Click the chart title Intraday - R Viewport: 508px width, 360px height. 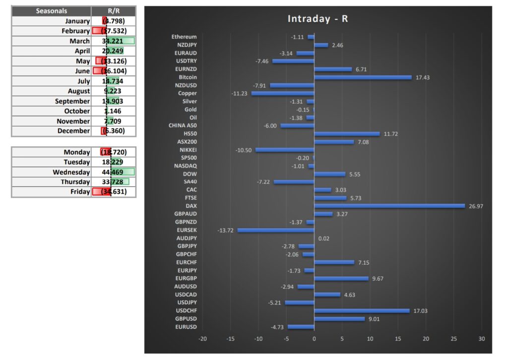[x=317, y=19]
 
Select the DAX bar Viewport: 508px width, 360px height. [x=389, y=206]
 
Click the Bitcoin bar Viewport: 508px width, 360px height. [x=363, y=77]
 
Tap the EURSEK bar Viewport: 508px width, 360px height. [x=276, y=230]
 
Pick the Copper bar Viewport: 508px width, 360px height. [x=283, y=93]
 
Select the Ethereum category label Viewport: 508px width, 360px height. [x=184, y=37]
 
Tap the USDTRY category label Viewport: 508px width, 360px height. [x=186, y=61]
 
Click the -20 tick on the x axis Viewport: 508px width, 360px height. [x=202, y=339]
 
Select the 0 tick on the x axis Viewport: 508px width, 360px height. [x=314, y=339]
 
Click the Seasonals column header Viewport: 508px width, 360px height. [x=52, y=11]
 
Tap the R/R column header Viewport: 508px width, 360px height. [x=114, y=11]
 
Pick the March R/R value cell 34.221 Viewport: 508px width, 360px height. [x=114, y=41]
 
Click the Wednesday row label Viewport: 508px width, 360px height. [x=71, y=172]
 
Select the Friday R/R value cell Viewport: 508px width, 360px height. [x=114, y=192]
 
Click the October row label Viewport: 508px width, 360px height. [x=77, y=111]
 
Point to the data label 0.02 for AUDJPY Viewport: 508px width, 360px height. [x=323, y=239]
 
